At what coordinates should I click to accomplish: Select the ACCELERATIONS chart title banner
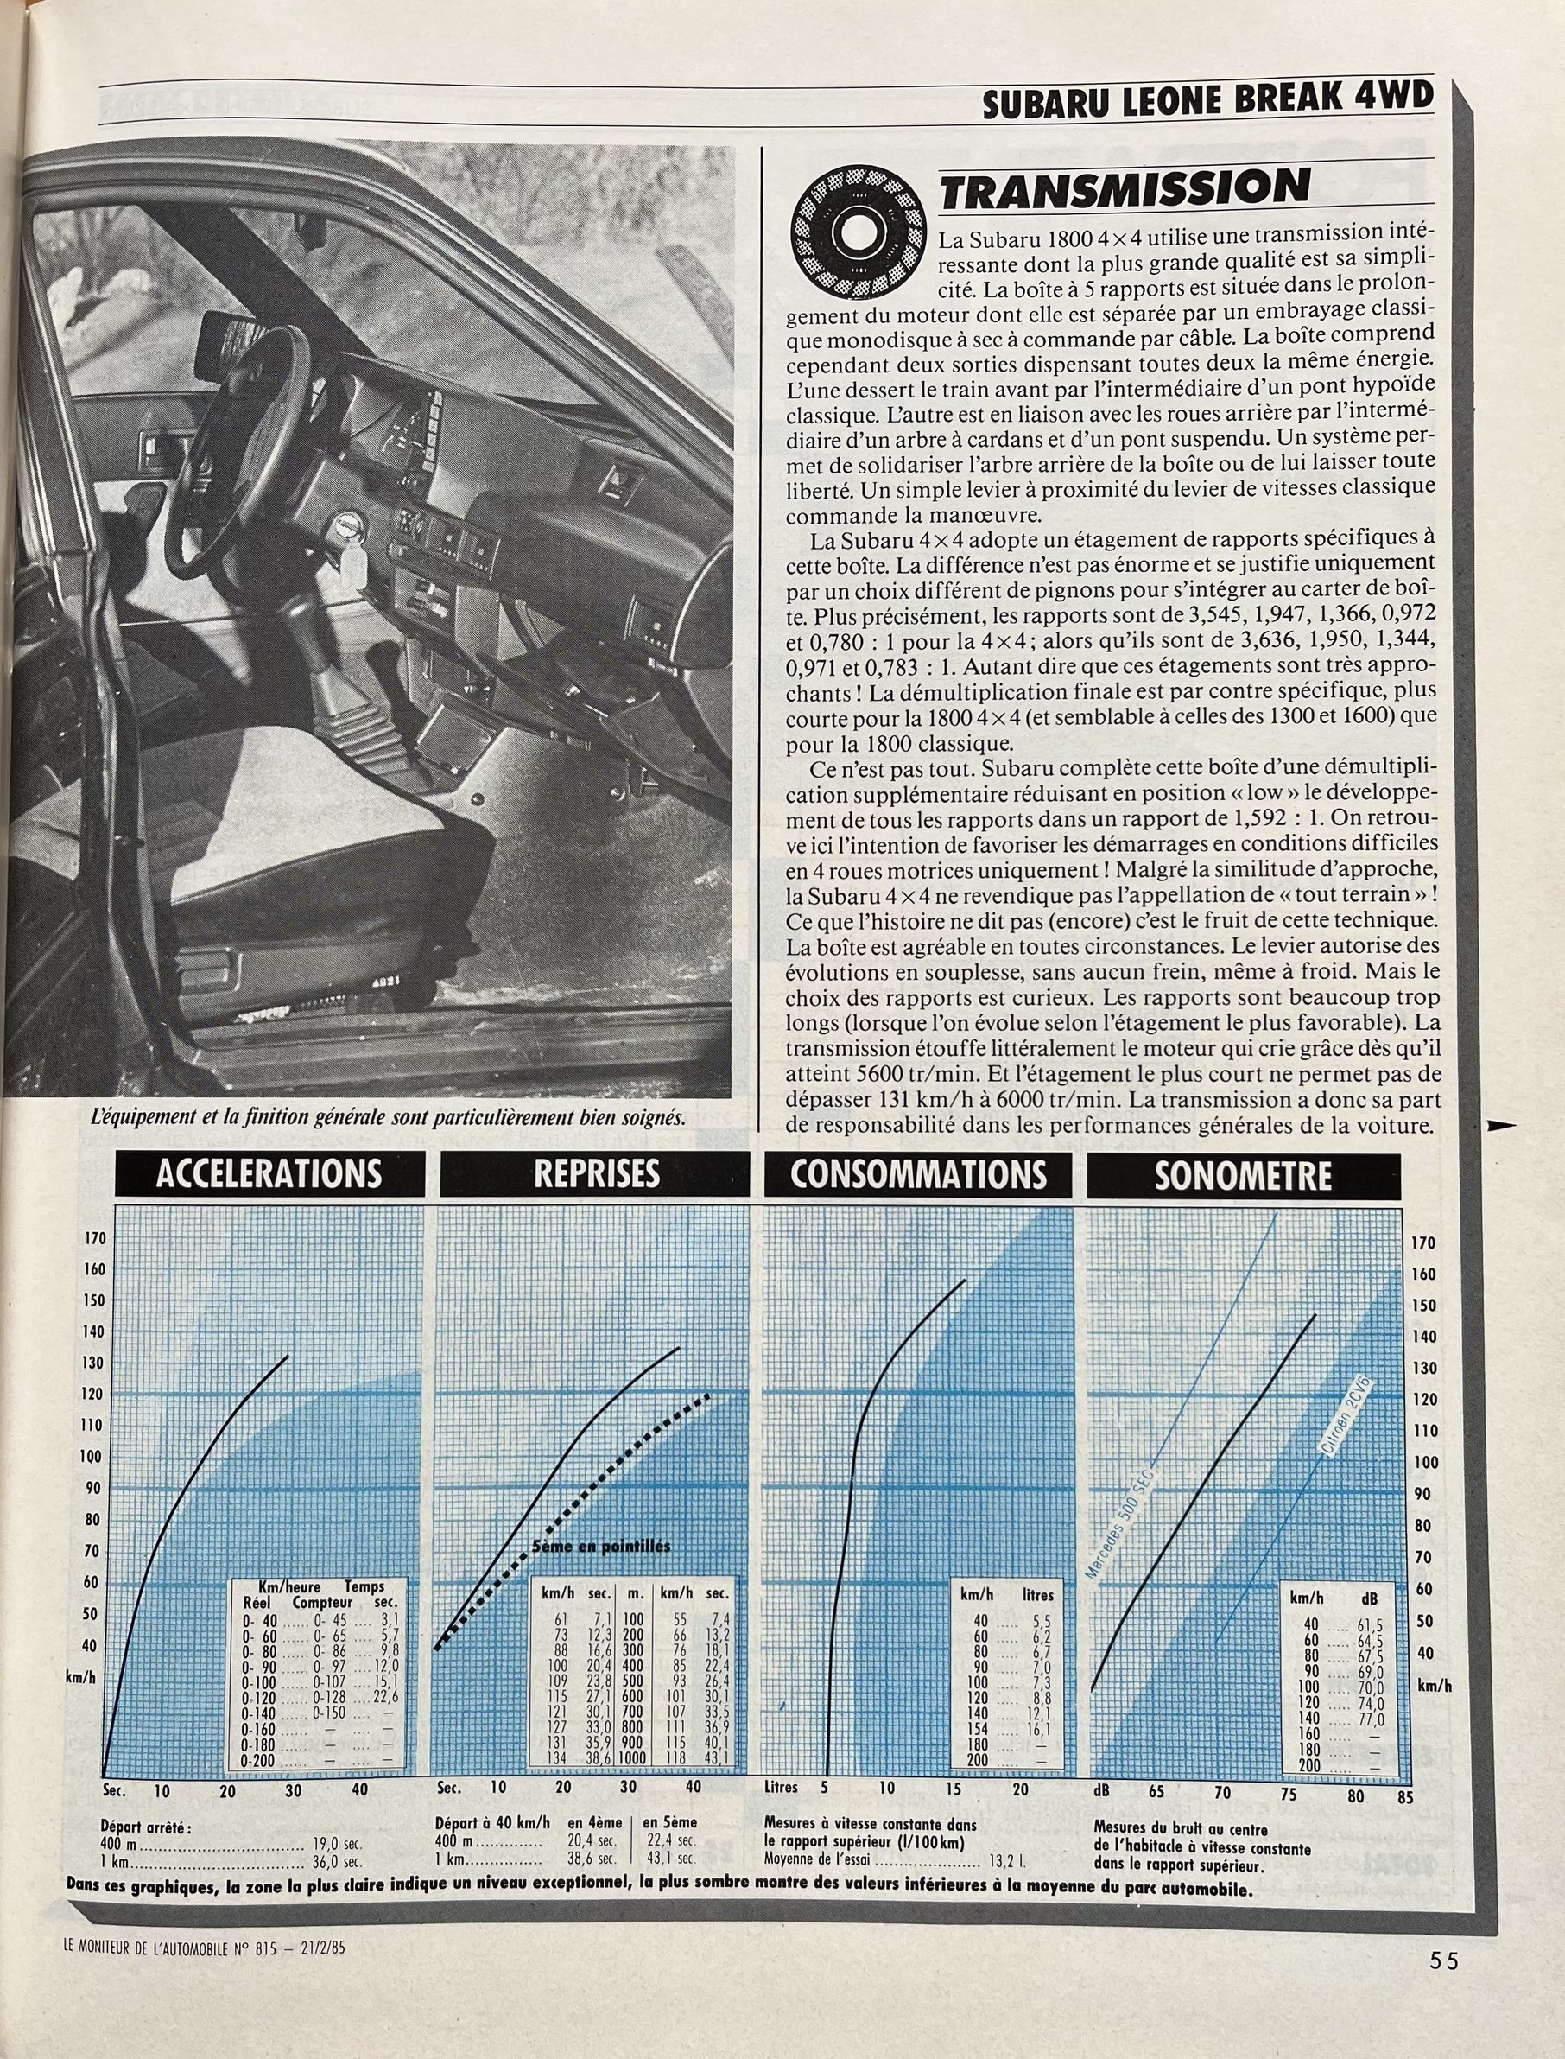269,1174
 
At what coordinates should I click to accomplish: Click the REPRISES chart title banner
595,1174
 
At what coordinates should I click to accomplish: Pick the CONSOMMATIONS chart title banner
918,1174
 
